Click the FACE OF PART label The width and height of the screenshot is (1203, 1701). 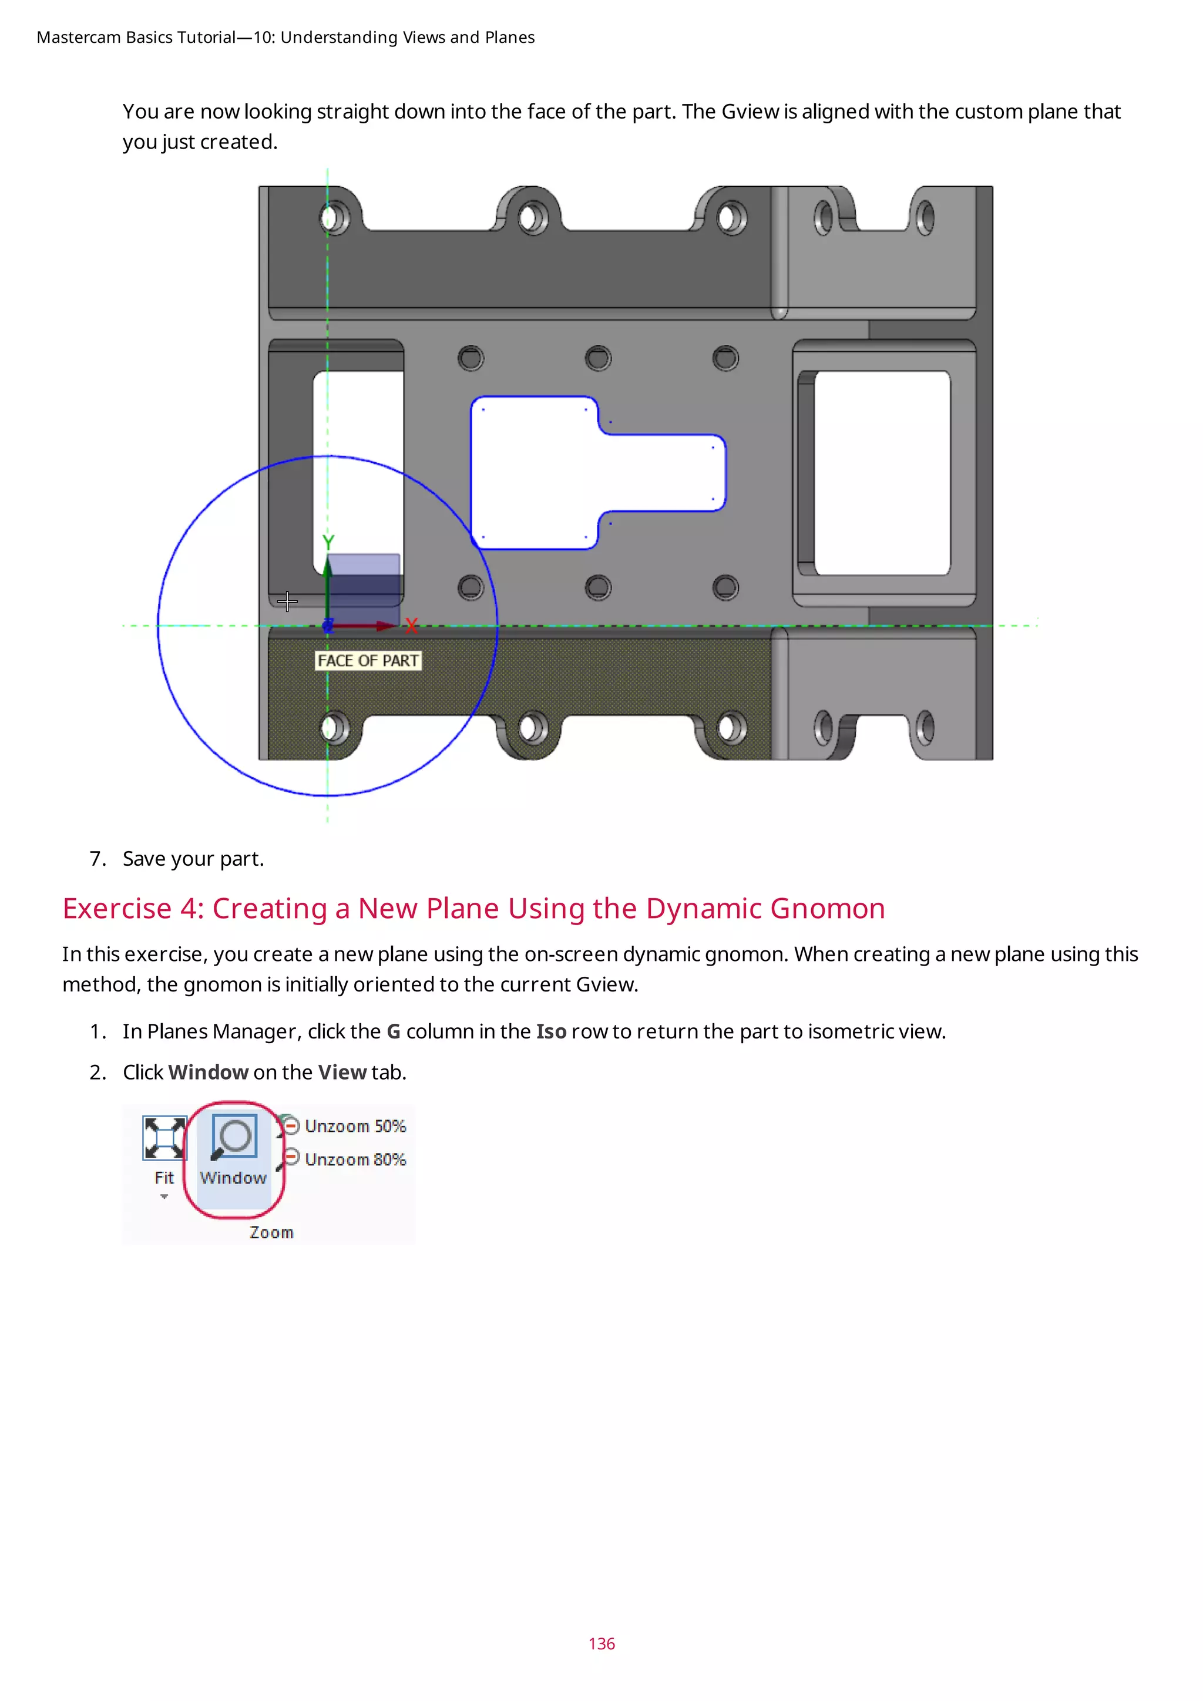point(368,660)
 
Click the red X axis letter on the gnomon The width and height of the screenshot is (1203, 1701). point(412,627)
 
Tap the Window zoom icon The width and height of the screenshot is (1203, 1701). point(235,1137)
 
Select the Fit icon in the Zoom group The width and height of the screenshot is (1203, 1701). point(164,1139)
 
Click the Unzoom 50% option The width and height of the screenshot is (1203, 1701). point(355,1126)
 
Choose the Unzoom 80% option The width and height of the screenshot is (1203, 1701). point(355,1159)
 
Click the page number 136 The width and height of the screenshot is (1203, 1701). point(601,1643)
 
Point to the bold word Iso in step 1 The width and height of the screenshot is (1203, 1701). point(551,1031)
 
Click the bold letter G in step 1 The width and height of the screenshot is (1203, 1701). point(394,1031)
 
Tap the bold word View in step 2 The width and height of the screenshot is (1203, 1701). point(342,1072)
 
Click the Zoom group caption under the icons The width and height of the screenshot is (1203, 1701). point(271,1232)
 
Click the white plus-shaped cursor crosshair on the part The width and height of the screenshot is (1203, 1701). point(287,601)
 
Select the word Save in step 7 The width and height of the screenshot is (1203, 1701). point(144,859)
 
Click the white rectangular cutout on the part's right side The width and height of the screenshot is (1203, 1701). point(882,473)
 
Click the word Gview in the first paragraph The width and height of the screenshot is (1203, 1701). point(750,111)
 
